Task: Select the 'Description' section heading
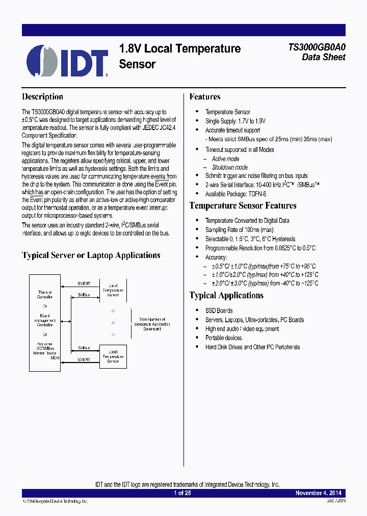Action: (42, 97)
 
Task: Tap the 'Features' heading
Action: (205, 97)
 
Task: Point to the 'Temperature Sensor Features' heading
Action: (243, 206)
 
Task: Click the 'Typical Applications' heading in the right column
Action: (226, 296)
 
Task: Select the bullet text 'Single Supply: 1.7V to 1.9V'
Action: (235, 121)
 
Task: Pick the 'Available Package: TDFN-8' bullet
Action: (235, 194)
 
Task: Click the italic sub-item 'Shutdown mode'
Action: (230, 167)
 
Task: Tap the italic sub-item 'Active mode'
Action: (226, 159)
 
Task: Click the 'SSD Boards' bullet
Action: (219, 311)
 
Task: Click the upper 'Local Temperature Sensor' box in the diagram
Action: (113, 290)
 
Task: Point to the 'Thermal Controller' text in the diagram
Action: (45, 295)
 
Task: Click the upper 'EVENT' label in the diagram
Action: (84, 283)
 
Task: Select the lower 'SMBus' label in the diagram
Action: (84, 348)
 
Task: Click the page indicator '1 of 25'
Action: (182, 493)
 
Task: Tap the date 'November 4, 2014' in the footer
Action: (319, 493)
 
